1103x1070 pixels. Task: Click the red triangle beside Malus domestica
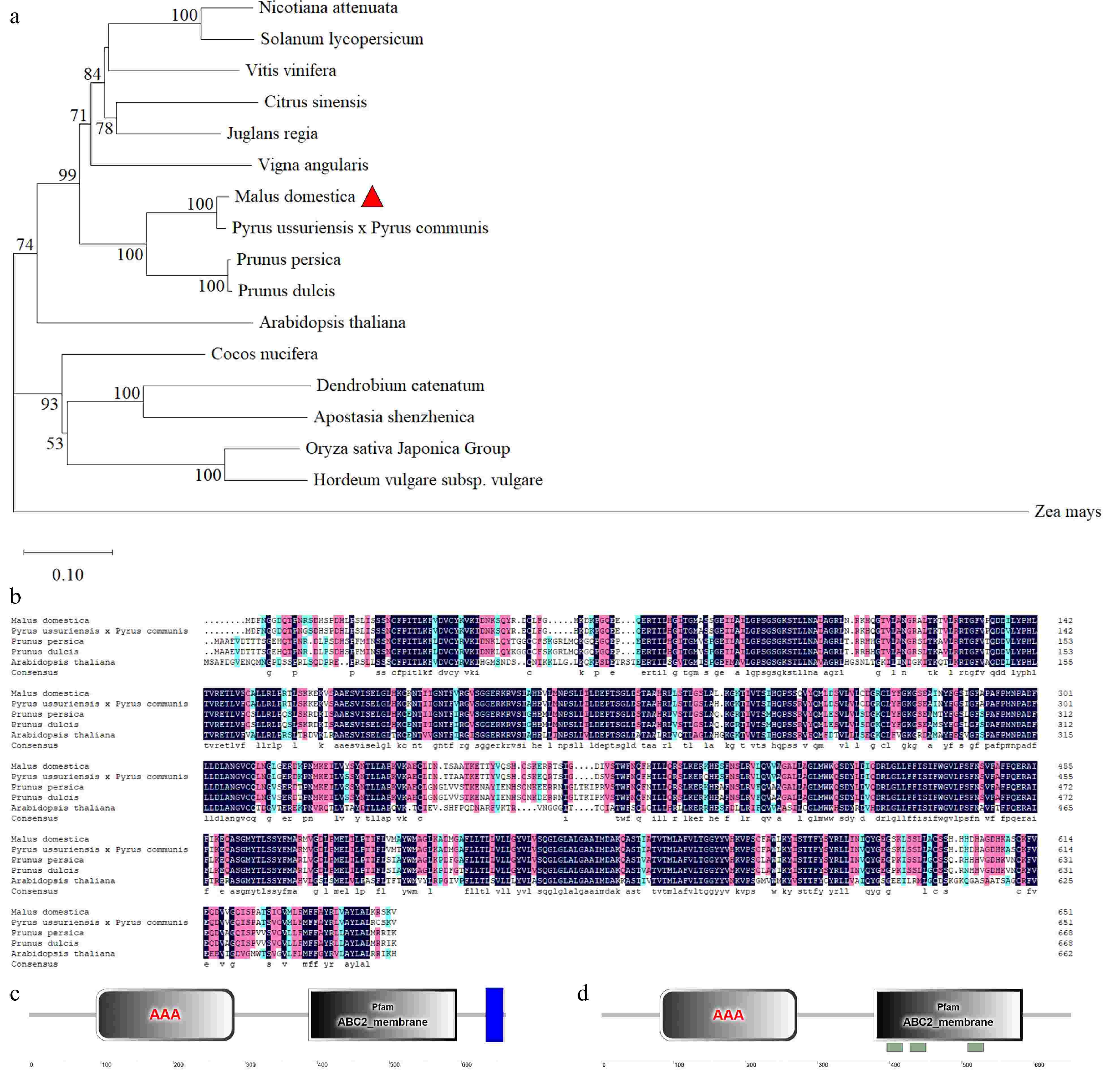[x=372, y=197]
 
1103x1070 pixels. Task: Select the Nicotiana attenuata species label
[x=328, y=8]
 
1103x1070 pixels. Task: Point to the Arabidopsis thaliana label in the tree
[x=332, y=322]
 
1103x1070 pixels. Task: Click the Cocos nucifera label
[x=264, y=354]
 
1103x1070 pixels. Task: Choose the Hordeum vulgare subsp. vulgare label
[x=428, y=480]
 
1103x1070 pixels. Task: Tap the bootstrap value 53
[x=55, y=444]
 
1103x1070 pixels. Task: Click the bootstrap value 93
[x=50, y=404]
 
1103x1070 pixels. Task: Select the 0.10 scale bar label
[x=68, y=575]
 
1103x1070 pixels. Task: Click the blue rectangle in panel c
[x=494, y=1015]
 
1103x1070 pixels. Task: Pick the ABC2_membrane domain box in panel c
[x=383, y=1015]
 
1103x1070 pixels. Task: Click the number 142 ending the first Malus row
[x=1065, y=620]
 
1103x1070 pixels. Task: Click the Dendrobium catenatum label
[x=400, y=386]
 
